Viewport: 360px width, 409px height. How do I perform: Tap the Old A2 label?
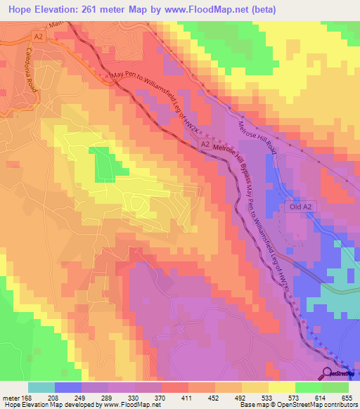(x=299, y=207)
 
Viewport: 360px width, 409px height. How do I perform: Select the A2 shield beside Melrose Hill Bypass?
(x=205, y=144)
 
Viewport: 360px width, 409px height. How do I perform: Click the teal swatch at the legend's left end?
(x=41, y=387)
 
